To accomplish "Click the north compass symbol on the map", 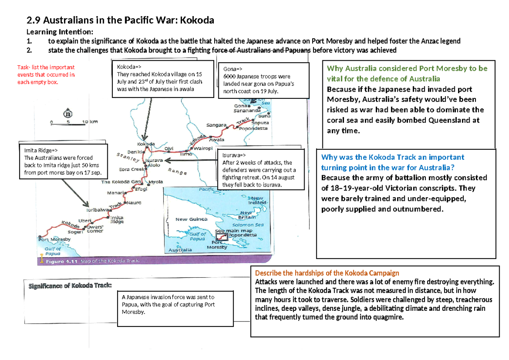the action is [67, 113].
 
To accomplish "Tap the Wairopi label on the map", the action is [203, 149].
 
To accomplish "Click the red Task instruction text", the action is [46, 75].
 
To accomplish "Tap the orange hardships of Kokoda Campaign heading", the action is [327, 273].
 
